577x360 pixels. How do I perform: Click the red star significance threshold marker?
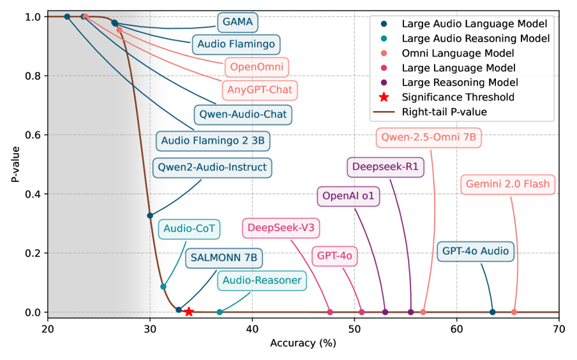click(x=189, y=311)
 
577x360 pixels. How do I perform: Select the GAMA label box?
click(x=237, y=22)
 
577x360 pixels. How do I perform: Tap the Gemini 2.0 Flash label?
click(x=507, y=184)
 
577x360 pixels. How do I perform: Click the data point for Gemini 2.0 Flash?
click(x=514, y=312)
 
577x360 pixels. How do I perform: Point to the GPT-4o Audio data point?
click(x=492, y=312)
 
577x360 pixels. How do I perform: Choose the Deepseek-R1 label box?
click(x=385, y=168)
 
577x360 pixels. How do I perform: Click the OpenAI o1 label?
click(x=348, y=196)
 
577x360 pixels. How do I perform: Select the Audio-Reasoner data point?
click(x=220, y=312)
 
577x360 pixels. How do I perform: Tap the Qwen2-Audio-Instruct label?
click(x=212, y=168)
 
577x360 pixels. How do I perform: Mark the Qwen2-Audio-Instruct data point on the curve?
click(x=150, y=216)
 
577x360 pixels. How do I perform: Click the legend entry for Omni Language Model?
click(x=458, y=53)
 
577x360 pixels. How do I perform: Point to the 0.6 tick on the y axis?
click(x=36, y=135)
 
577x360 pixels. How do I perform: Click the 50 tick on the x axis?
click(x=354, y=329)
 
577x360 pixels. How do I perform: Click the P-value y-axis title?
click(x=15, y=164)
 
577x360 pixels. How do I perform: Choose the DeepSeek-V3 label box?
click(x=281, y=228)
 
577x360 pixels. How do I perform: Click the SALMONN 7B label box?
click(x=224, y=259)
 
